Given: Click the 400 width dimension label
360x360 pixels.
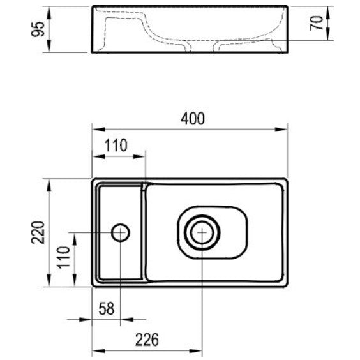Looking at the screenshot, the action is coord(192,119).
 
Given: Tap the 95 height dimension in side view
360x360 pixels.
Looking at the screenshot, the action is coord(38,29).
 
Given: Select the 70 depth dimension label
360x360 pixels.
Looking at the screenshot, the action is coord(317,23).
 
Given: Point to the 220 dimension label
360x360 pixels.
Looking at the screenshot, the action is coord(38,232).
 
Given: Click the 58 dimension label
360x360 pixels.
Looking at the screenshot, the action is coord(107,308).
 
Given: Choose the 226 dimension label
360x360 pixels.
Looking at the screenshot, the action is coord(147,340).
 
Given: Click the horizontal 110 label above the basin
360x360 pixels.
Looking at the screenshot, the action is coord(116,145).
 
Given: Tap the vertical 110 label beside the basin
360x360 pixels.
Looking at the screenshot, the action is coord(63,257).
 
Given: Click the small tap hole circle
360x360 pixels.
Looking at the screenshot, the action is coord(120,232).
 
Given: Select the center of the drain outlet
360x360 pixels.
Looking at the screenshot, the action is coord(202,232).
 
